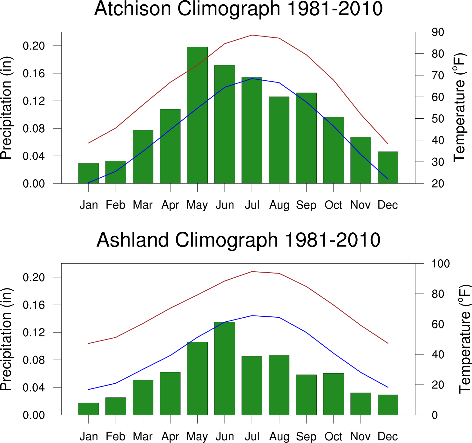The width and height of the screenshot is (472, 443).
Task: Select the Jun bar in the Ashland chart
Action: pos(225,368)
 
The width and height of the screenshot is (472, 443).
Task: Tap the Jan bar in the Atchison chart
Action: pos(89,173)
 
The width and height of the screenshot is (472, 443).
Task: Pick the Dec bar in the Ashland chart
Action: pos(388,405)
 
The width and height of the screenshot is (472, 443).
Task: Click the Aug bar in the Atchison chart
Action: pos(279,140)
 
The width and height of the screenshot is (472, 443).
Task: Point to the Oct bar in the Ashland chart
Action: pos(334,394)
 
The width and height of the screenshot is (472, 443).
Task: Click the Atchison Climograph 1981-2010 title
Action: pos(238,9)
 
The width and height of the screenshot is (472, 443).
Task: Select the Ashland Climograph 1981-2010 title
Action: pos(238,240)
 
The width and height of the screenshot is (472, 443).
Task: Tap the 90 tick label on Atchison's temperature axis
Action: pos(438,32)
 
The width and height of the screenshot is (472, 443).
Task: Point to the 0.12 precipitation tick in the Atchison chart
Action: pos(34,101)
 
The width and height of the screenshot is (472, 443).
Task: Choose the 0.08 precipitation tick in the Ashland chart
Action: pos(34,360)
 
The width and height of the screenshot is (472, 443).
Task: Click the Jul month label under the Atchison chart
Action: pos(252,205)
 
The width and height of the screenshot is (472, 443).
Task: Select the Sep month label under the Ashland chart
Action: pos(306,437)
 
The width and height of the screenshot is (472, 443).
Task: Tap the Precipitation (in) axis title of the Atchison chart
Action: pos(6,108)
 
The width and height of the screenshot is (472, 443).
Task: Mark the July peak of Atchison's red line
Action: pos(252,35)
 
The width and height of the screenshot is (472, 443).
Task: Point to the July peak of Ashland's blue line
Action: pos(252,316)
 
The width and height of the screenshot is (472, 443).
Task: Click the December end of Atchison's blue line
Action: pos(388,179)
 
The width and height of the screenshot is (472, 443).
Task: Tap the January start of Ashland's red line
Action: pos(89,343)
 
